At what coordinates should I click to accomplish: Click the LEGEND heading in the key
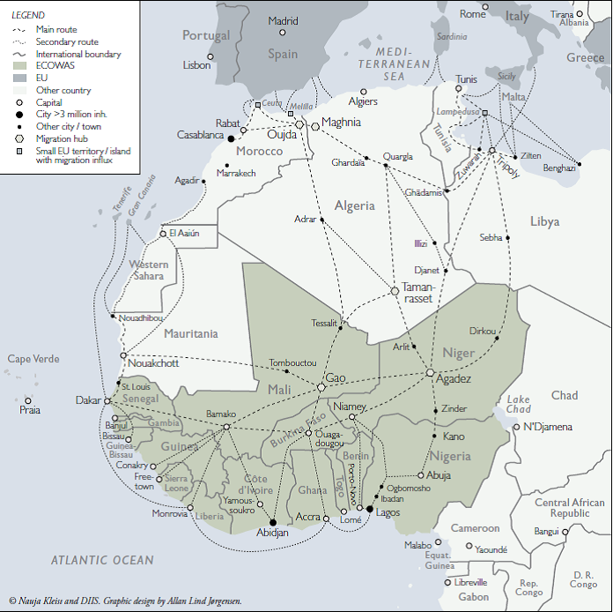(x=27, y=16)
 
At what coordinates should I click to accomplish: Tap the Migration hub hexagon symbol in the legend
(x=19, y=138)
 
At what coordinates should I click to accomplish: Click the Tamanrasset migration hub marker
(x=395, y=291)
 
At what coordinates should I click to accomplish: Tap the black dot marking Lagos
(x=369, y=509)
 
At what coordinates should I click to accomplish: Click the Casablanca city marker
(x=232, y=138)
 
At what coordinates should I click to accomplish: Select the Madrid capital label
(x=283, y=21)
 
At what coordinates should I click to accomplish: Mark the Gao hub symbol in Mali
(x=321, y=387)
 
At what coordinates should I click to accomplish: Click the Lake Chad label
(x=519, y=404)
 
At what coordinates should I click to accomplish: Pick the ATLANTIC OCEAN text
(x=101, y=560)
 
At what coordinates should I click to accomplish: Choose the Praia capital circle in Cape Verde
(x=28, y=400)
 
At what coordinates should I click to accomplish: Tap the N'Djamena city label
(x=548, y=428)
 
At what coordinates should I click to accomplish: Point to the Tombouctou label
(x=292, y=363)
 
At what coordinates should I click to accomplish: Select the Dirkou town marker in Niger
(x=497, y=339)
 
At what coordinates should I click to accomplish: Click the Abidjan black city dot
(x=272, y=522)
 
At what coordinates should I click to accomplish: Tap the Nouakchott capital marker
(x=122, y=355)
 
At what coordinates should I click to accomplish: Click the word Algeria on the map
(x=354, y=205)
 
